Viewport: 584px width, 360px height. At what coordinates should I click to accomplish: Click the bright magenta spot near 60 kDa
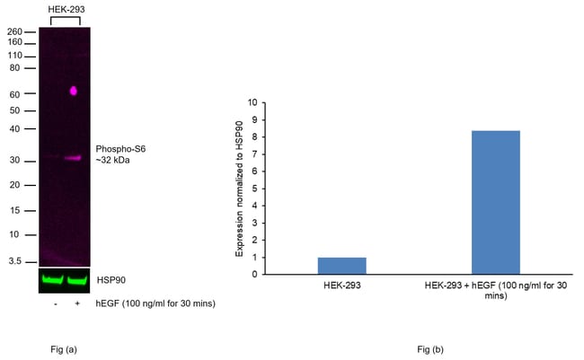[x=74, y=91]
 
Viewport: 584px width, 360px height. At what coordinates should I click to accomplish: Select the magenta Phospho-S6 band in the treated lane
[x=73, y=158]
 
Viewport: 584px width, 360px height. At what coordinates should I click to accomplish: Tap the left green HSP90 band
[x=52, y=280]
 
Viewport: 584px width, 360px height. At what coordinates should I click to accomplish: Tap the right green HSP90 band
[x=76, y=280]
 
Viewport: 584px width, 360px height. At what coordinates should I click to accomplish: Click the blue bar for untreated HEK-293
[x=342, y=266]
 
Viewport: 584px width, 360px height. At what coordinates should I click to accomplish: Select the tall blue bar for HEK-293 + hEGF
[x=496, y=203]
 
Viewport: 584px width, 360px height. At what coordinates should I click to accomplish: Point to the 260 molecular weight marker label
[x=14, y=31]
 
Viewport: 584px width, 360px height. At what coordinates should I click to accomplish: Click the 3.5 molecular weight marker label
[x=15, y=261]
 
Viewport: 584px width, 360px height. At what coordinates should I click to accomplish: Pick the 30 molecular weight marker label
[x=15, y=160]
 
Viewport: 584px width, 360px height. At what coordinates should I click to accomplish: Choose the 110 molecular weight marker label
[x=15, y=56]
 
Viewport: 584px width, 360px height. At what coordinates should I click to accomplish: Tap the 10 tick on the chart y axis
[x=252, y=102]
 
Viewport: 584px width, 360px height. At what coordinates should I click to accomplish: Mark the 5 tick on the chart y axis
[x=255, y=189]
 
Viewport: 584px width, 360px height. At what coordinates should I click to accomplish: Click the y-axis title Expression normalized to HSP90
[x=239, y=189]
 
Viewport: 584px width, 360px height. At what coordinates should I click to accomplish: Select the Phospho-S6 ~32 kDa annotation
[x=120, y=154]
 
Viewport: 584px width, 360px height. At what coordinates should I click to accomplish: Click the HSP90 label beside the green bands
[x=111, y=280]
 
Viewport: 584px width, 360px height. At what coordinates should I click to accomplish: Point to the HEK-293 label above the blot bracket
[x=66, y=9]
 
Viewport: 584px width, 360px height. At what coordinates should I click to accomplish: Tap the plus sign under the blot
[x=77, y=303]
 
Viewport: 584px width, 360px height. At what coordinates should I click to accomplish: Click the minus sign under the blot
[x=56, y=304]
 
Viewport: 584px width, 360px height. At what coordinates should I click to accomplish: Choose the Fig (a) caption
[x=64, y=349]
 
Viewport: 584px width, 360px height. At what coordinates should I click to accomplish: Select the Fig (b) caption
[x=430, y=349]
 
